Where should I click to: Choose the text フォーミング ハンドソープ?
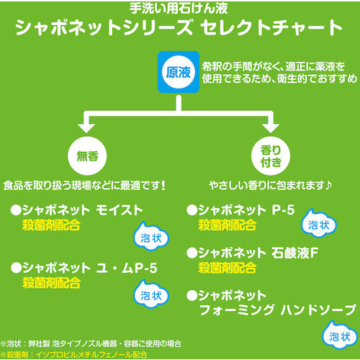click(277, 310)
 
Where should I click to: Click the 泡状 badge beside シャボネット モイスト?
click(147, 238)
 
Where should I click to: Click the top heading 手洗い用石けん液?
click(180, 9)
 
